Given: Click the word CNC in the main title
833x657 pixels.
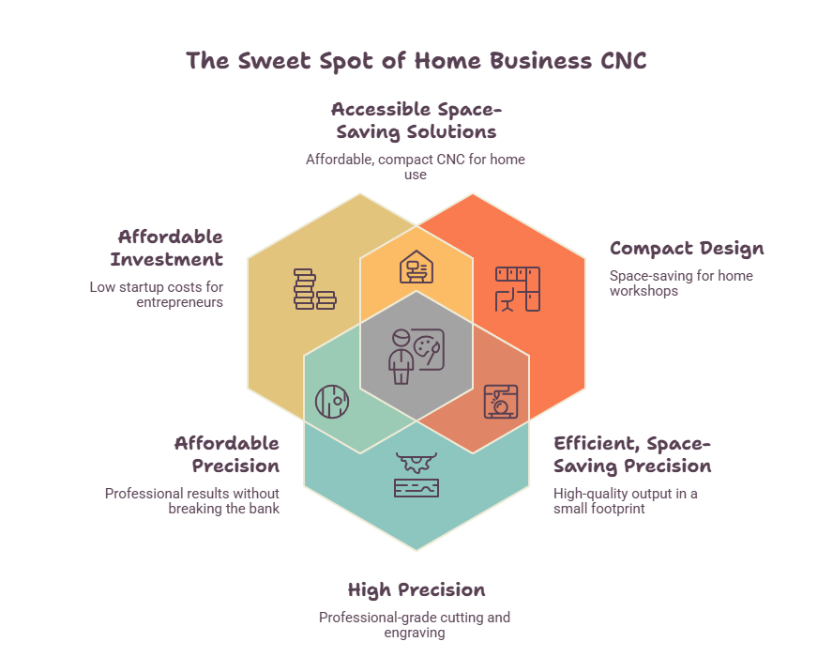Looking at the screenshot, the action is [623, 61].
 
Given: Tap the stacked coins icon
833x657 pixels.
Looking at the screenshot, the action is [314, 289].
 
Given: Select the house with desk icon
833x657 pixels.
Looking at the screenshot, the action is [416, 267].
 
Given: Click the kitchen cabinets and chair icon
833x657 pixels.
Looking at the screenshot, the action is [518, 289].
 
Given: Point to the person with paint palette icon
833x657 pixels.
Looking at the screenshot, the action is [416, 356].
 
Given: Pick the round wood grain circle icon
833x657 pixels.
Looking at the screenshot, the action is [332, 402].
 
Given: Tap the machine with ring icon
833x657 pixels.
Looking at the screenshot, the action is [500, 402].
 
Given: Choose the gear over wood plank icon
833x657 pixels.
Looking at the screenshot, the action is [416, 475].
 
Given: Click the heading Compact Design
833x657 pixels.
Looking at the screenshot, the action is [687, 249].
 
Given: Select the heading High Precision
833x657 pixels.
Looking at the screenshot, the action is [416, 590].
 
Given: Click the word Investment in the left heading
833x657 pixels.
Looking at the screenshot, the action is [167, 259].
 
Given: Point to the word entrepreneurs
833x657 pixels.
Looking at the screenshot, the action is [179, 302].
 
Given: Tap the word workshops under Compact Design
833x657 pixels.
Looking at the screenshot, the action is [644, 291].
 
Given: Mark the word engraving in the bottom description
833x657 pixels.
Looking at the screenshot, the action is [415, 634].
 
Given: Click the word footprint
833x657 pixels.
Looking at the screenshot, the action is [617, 509].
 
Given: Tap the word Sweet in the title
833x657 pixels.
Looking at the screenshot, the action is [274, 61].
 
